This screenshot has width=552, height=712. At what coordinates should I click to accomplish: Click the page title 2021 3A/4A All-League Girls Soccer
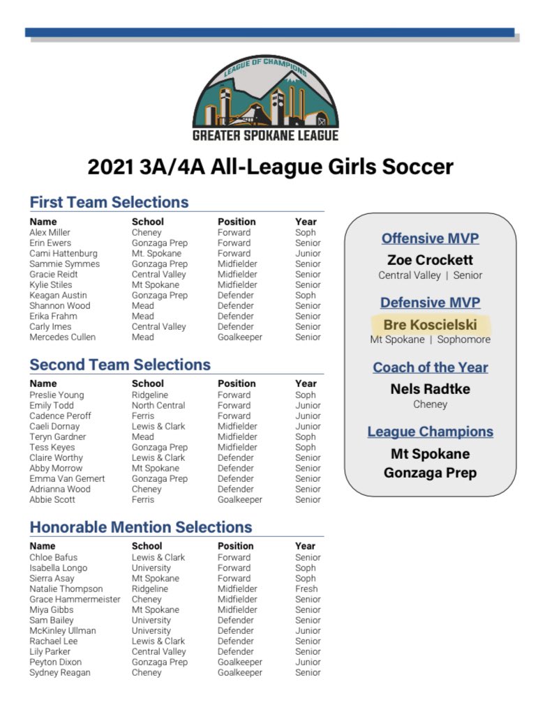[270, 167]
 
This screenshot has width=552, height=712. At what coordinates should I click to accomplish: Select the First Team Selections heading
[109, 202]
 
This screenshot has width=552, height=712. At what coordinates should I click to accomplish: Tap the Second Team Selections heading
[120, 365]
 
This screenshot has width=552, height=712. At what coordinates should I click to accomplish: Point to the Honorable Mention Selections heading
[141, 527]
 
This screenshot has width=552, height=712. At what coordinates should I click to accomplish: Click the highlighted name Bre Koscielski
[430, 325]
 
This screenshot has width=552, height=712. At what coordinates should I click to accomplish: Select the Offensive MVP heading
[430, 238]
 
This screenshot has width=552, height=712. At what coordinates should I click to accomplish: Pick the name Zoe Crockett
[430, 260]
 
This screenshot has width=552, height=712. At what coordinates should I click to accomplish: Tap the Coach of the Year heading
[430, 368]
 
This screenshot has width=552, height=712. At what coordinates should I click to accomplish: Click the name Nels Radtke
[430, 389]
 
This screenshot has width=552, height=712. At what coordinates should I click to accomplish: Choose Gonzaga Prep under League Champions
[430, 473]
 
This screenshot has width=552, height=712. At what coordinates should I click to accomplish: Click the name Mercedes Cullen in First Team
[63, 337]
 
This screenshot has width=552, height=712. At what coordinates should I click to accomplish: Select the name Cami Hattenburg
[64, 253]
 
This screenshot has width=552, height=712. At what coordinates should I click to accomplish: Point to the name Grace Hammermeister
[75, 599]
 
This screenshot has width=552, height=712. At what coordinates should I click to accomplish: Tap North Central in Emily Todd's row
[158, 405]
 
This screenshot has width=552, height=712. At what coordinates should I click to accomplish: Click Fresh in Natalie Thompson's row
[306, 589]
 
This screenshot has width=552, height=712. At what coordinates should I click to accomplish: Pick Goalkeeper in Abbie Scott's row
[240, 499]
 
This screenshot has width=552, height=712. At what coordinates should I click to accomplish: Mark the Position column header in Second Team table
[237, 384]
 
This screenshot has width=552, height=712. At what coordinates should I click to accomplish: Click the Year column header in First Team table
[306, 222]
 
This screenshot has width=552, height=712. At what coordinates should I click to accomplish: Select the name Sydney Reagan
[59, 672]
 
